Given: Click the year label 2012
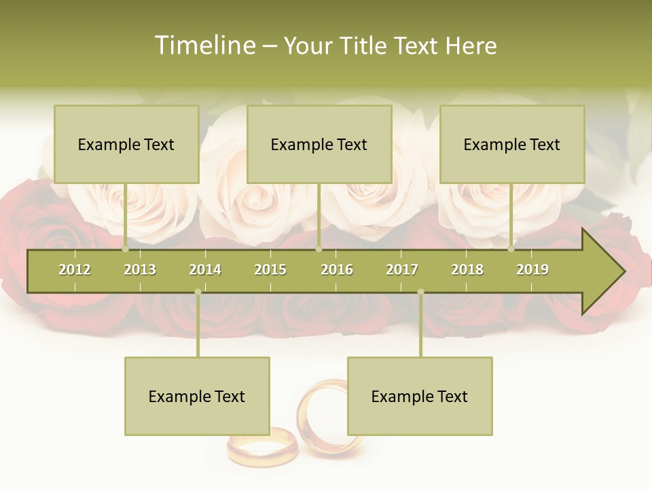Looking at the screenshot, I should coord(75,270).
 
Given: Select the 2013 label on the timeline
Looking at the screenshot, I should coord(140,270).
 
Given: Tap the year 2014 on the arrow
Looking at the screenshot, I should coord(205,270).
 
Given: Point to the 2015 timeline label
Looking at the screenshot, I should coord(270,270).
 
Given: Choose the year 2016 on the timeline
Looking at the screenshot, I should coord(337,270).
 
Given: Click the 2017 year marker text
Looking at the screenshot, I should coord(402,270).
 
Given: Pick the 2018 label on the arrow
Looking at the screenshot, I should coord(467,270).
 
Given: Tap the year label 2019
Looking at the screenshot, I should coord(532,270).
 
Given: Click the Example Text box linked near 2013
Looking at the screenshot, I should coord(126,144).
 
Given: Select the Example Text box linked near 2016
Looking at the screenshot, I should coord(319,144).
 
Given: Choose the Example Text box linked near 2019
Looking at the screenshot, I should coord(512,144).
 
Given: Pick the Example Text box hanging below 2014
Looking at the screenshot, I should coord(197,396).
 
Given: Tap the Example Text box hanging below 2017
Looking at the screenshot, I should coord(420,396).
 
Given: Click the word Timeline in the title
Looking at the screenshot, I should coord(204,46).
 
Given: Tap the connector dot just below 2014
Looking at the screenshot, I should coord(198,292).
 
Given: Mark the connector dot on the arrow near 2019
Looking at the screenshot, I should coord(511,249).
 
